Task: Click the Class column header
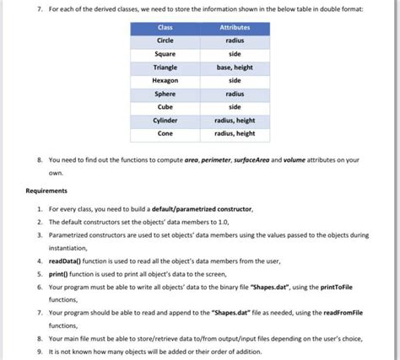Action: click(x=165, y=27)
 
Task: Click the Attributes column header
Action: click(x=235, y=27)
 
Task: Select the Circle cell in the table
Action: click(x=165, y=40)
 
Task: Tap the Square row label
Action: click(x=165, y=53)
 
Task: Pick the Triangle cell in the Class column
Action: click(x=165, y=67)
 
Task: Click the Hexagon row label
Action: click(x=165, y=80)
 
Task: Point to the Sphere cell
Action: click(x=165, y=94)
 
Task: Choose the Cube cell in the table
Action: click(x=165, y=107)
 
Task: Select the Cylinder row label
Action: click(x=165, y=121)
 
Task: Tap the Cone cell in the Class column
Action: click(x=165, y=133)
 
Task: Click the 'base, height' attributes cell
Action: click(x=235, y=67)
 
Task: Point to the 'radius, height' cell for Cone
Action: click(x=235, y=133)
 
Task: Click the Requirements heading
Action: click(x=50, y=191)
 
